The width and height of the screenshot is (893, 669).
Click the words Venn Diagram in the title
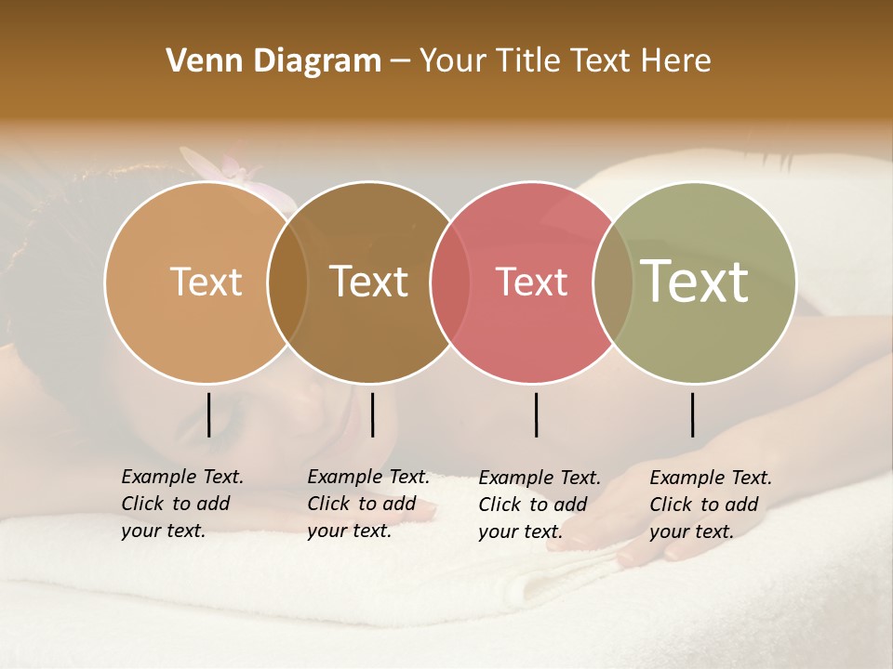(x=273, y=61)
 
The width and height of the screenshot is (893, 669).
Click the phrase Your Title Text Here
(x=565, y=61)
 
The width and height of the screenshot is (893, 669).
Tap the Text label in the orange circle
(x=206, y=282)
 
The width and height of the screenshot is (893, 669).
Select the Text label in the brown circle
(x=369, y=282)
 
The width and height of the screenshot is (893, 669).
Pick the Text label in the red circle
(x=532, y=282)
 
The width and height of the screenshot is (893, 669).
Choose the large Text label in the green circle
(x=695, y=281)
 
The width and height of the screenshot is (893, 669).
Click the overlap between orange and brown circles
(x=287, y=282)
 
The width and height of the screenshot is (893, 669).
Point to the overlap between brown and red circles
(x=450, y=282)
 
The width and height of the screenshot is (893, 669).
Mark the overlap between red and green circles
(x=613, y=282)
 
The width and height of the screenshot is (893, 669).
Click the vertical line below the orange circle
(x=208, y=414)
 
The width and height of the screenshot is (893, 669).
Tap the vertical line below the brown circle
(x=372, y=414)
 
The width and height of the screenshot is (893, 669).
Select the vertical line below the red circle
(x=536, y=414)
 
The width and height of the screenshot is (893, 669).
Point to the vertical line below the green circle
(x=692, y=414)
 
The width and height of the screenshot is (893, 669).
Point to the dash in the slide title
(x=400, y=62)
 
